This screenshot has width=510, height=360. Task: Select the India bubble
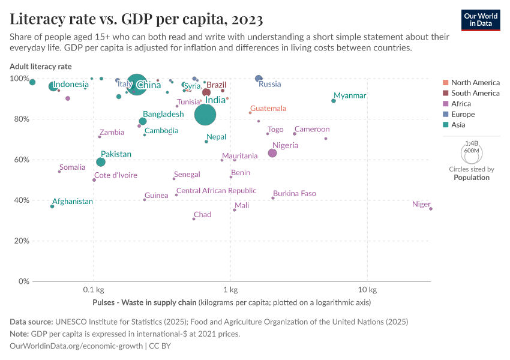[205, 114]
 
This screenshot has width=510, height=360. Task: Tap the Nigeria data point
[272, 153]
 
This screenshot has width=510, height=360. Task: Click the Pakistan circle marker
[101, 162]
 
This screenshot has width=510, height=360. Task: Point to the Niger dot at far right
[431, 209]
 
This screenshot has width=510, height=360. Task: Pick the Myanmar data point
[334, 101]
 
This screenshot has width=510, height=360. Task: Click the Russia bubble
[259, 79]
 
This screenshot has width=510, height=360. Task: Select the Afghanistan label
[73, 202]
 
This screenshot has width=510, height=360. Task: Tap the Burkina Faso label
[295, 194]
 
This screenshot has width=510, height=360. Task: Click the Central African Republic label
[216, 191]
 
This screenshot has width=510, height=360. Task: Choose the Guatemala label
[268, 109]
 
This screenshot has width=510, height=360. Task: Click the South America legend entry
[475, 93]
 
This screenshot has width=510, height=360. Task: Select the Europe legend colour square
[445, 115]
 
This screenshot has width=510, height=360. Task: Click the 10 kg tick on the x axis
[367, 291]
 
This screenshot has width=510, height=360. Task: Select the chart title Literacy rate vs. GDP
[136, 19]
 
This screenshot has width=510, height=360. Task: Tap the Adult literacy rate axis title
[40, 66]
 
